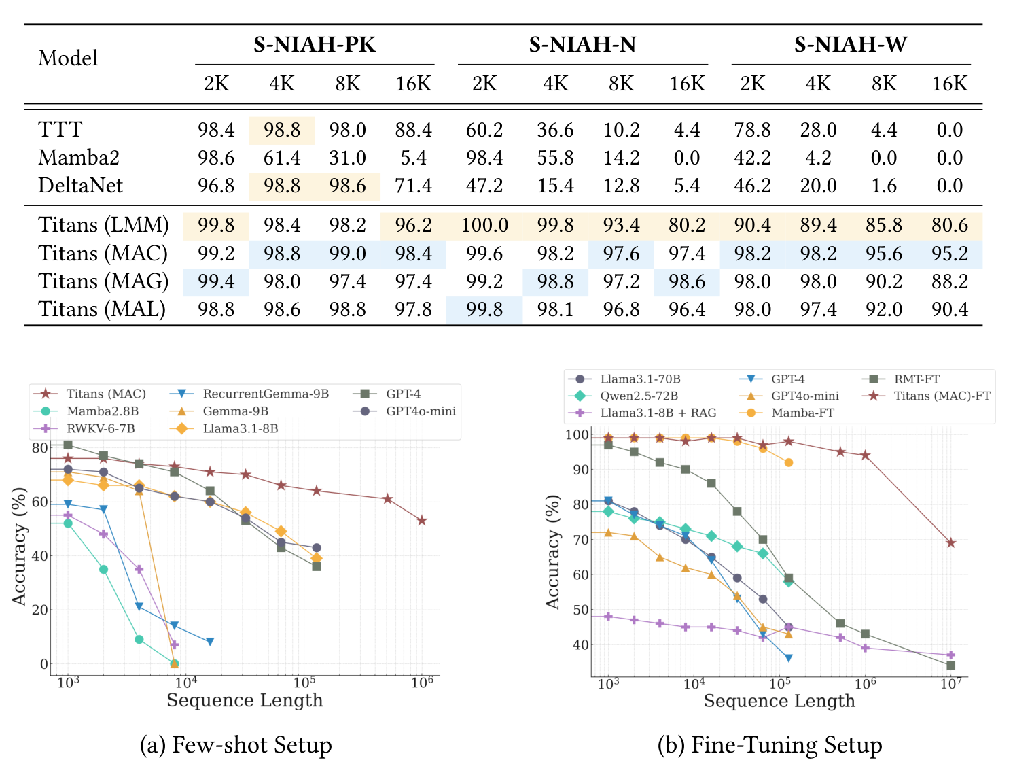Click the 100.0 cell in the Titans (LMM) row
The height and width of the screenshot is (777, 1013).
pyautogui.click(x=484, y=225)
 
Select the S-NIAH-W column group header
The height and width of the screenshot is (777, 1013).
pyautogui.click(x=850, y=45)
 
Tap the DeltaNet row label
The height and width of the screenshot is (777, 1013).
pyautogui.click(x=80, y=186)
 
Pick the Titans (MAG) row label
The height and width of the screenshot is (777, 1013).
pyautogui.click(x=103, y=281)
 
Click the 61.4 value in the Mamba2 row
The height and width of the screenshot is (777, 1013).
pyautogui.click(x=282, y=158)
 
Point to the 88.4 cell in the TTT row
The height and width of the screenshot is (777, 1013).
pyautogui.click(x=413, y=130)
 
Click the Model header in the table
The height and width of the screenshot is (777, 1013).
pyautogui.click(x=68, y=58)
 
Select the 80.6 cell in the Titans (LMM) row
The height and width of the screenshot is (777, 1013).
pyautogui.click(x=949, y=225)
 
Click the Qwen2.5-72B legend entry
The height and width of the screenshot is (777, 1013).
pyautogui.click(x=639, y=396)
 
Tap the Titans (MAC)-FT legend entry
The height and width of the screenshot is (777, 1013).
pyautogui.click(x=942, y=396)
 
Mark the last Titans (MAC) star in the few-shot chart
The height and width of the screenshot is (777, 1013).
pyautogui.click(x=422, y=521)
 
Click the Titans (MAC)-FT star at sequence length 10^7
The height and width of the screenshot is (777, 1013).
pyautogui.click(x=950, y=543)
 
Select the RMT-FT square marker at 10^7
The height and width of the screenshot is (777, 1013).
pyautogui.click(x=950, y=666)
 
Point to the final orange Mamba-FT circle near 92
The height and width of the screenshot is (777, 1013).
pyautogui.click(x=788, y=462)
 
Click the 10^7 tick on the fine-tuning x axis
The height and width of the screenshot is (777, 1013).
pyautogui.click(x=950, y=684)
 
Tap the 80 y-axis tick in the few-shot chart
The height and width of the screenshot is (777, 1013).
pyautogui.click(x=39, y=448)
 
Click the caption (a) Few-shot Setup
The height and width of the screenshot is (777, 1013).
pyautogui.click(x=236, y=745)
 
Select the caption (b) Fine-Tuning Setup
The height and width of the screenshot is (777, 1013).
pyautogui.click(x=769, y=745)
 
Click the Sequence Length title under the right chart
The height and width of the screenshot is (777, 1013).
pyautogui.click(x=779, y=701)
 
